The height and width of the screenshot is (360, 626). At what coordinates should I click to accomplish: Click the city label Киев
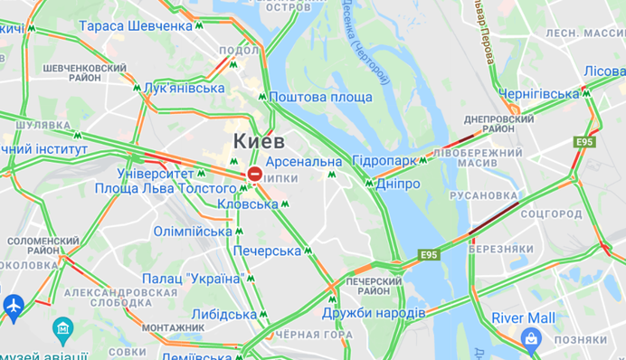click(x=259, y=141)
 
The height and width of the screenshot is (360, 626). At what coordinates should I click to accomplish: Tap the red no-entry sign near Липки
click(x=255, y=174)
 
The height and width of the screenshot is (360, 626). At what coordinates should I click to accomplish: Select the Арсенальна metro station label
click(x=304, y=162)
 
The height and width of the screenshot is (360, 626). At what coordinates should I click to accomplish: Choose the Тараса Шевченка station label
click(x=136, y=26)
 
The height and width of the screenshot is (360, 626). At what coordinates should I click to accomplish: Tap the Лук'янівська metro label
click(x=184, y=88)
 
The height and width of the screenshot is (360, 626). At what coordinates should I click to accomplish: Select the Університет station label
click(x=156, y=173)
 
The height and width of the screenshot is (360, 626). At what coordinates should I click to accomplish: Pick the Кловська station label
click(x=248, y=204)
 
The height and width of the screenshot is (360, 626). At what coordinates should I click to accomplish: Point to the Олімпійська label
click(x=193, y=232)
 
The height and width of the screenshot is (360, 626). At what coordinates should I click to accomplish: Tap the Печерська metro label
click(x=267, y=251)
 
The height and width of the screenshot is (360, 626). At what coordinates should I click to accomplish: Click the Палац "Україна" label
click(x=193, y=279)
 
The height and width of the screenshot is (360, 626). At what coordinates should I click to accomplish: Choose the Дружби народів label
click(x=374, y=313)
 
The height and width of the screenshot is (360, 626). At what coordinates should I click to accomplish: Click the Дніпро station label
click(x=397, y=184)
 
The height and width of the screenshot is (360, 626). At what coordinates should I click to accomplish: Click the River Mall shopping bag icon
click(x=530, y=338)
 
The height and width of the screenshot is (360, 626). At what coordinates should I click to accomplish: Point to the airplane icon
click(x=14, y=308)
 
